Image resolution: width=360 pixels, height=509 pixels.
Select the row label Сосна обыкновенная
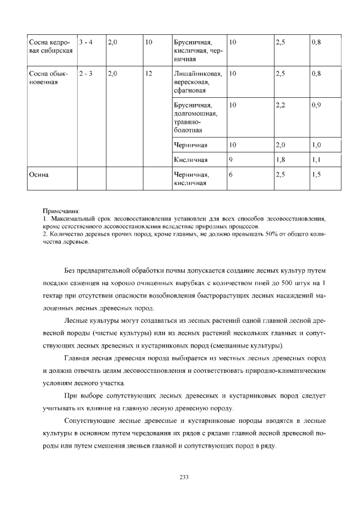48,78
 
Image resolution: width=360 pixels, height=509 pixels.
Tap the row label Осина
39,174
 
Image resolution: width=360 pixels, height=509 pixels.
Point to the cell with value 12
149,73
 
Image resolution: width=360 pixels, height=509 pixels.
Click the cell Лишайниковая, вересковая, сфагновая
198,82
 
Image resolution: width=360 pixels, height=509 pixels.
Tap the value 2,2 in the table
280,105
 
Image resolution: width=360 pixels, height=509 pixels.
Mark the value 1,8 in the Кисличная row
280,160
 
